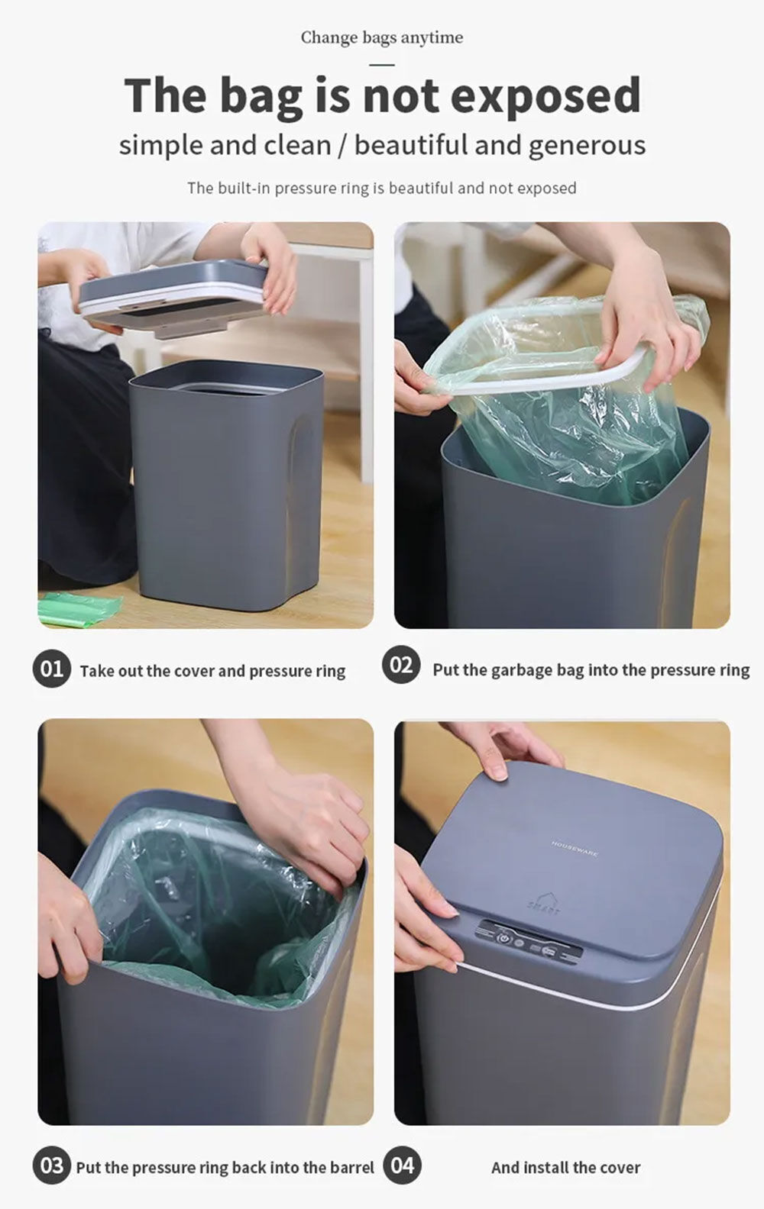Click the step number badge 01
point(51,669)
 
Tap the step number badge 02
point(400,666)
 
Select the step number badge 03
point(51,1166)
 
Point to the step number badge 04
point(402,1165)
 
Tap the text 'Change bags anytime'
point(381,37)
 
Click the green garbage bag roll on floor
point(79,608)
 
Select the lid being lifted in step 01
point(172,294)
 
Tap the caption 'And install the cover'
point(565,1167)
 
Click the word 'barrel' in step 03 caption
point(352,1167)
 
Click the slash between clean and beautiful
point(342,145)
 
